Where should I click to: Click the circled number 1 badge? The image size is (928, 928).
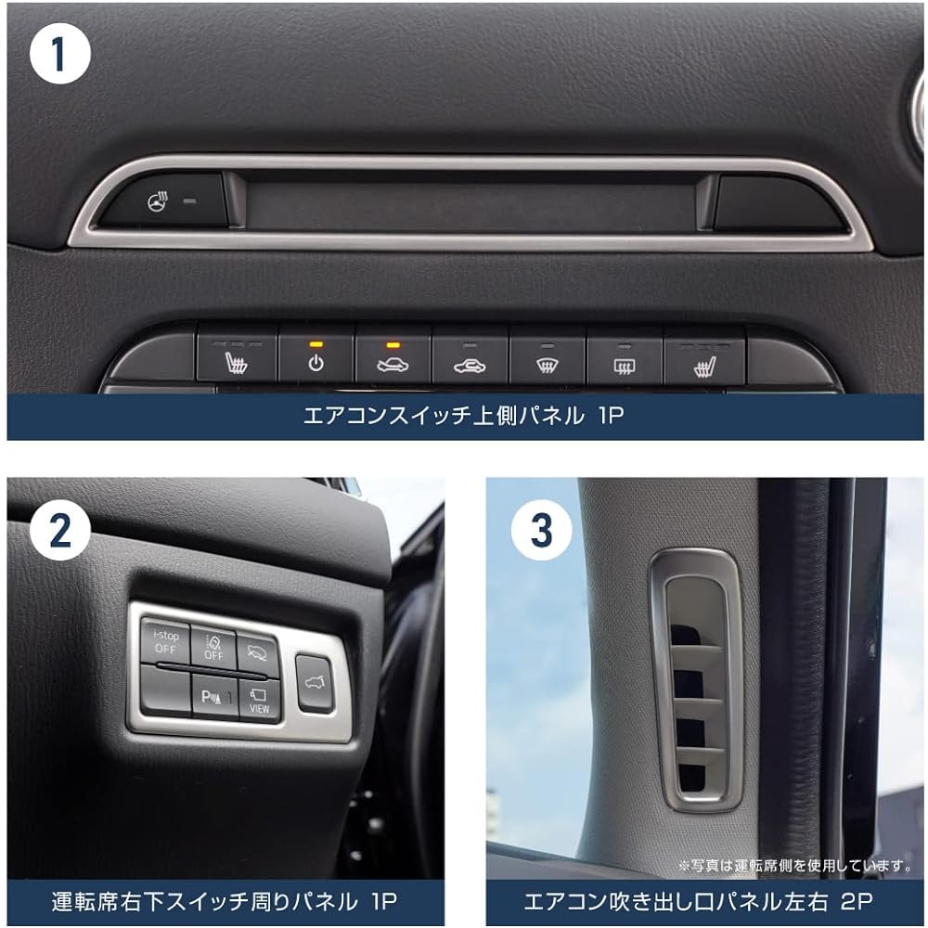tap(59, 53)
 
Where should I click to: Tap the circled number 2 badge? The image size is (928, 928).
tap(59, 529)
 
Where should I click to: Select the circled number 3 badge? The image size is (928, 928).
tap(542, 529)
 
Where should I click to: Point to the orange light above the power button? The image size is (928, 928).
tap(316, 344)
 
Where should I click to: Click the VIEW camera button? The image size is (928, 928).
tap(259, 699)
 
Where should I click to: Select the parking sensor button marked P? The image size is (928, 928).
tap(215, 696)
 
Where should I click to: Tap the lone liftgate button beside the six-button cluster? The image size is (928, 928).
tap(315, 684)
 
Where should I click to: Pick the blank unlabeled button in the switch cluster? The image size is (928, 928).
tap(166, 690)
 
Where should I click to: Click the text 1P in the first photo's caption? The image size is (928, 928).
tap(611, 416)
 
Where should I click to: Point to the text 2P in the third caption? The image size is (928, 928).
tap(857, 901)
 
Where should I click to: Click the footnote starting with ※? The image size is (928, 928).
tap(795, 865)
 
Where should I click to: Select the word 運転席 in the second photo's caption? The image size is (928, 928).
tap(84, 901)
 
